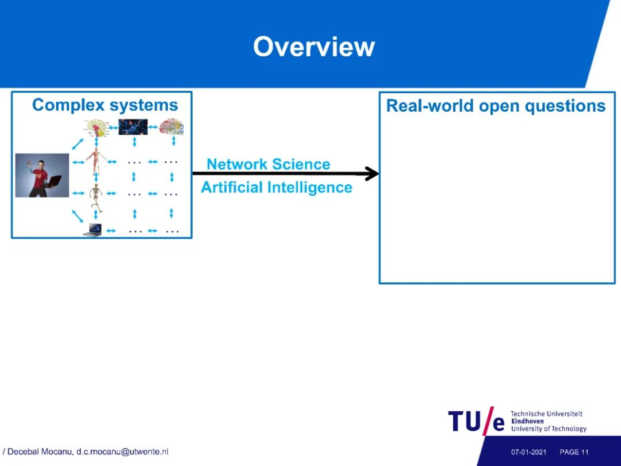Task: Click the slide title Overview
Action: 314,47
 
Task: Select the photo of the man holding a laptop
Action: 42,175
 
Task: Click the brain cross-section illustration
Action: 96,127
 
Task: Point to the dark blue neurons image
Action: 133,127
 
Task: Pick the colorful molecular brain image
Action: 171,127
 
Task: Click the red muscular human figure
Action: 95,162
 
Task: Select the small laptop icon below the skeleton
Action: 93,230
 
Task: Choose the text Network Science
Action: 269,165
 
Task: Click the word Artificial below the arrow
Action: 232,188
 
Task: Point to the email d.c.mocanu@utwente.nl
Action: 122,452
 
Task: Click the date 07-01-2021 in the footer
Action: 528,452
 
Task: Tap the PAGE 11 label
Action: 574,452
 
